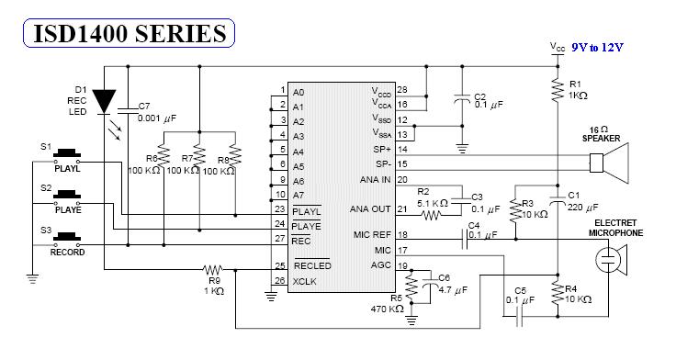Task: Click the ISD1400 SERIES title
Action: point(130,34)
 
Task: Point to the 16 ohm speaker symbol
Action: point(609,163)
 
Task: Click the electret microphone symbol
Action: point(612,260)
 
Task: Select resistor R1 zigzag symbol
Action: point(558,90)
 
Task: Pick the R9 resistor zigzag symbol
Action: point(213,270)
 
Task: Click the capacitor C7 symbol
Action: point(128,110)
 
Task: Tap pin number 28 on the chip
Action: point(401,90)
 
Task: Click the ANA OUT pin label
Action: point(370,209)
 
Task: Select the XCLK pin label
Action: point(304,282)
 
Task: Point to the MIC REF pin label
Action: point(372,235)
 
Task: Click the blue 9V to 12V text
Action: point(597,48)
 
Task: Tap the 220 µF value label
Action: point(582,208)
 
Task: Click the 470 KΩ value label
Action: point(388,309)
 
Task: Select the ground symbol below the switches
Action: point(32,278)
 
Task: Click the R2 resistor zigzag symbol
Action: point(432,215)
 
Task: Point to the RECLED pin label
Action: point(312,265)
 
